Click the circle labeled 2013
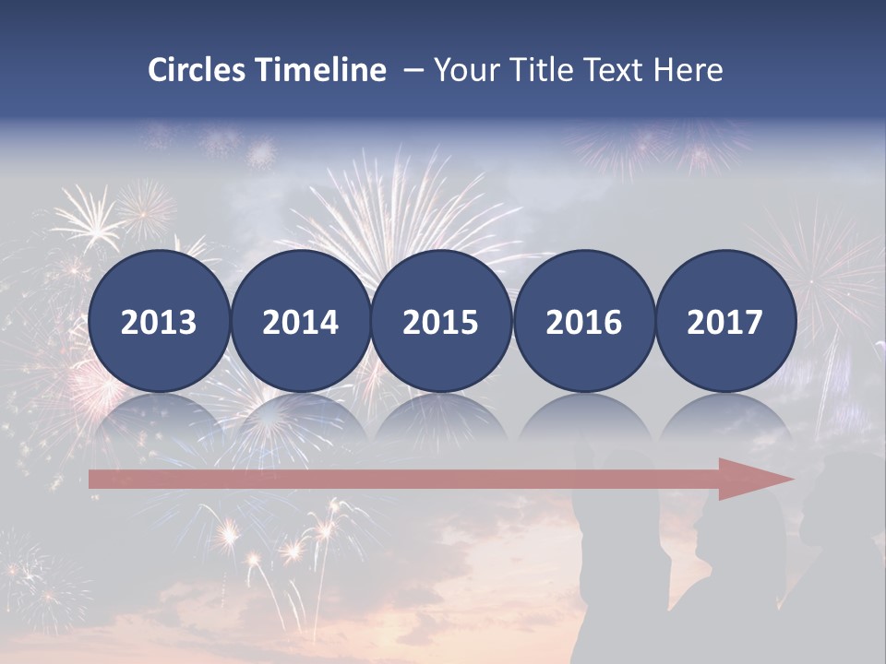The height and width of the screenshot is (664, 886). (159, 321)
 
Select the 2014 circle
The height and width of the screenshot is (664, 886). (300, 321)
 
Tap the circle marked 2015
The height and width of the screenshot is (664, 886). (441, 321)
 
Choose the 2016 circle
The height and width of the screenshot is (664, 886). (583, 321)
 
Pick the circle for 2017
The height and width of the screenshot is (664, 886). (725, 321)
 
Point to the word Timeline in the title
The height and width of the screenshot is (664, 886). (321, 70)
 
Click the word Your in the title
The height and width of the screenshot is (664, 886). (461, 70)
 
